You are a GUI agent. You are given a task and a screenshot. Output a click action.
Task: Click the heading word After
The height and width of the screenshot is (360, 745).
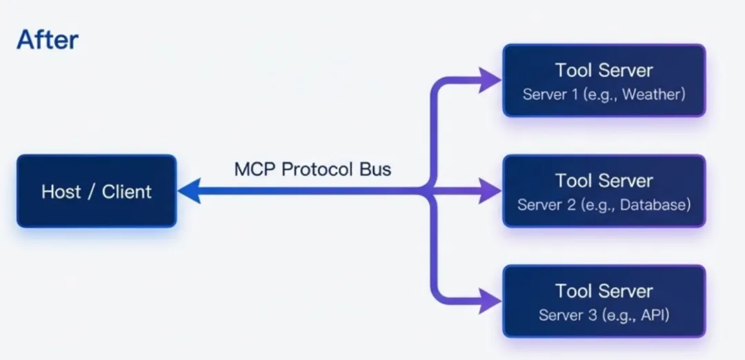[47, 41]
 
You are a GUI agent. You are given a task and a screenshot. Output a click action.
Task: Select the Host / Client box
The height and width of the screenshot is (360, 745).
[97, 191]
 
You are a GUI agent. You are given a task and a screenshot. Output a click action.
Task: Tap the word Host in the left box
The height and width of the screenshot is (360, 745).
[61, 192]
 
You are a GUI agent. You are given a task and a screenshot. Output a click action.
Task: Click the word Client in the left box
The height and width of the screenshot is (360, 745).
[127, 192]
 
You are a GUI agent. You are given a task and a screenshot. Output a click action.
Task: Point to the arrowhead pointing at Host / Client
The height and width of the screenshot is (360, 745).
[189, 191]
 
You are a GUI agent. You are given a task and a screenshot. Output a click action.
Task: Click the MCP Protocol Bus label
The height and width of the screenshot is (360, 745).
[312, 169]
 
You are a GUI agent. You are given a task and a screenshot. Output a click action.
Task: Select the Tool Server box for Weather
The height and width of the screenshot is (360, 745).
[604, 80]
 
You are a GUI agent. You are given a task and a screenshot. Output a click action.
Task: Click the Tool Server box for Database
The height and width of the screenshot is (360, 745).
[604, 191]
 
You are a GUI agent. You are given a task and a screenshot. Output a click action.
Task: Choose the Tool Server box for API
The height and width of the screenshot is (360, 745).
[604, 301]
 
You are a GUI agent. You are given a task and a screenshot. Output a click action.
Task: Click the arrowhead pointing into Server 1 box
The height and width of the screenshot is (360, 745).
[489, 80]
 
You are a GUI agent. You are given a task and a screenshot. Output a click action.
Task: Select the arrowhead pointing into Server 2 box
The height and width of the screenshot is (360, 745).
[489, 191]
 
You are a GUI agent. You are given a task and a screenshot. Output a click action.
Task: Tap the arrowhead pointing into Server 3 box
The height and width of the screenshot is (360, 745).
[489, 301]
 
